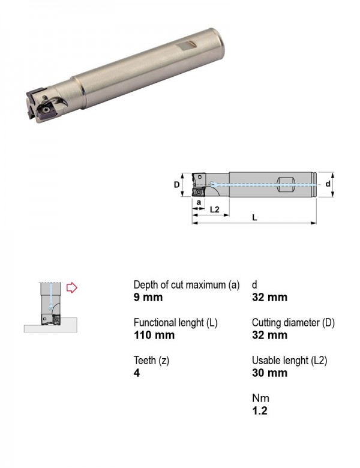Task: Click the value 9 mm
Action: tap(148, 298)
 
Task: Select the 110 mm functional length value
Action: tap(154, 335)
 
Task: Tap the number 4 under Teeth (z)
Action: tap(137, 373)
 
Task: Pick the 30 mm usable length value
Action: tap(269, 373)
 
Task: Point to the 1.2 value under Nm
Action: tap(260, 410)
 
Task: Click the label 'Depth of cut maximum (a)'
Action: tap(187, 285)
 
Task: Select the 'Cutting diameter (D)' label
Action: tap(293, 323)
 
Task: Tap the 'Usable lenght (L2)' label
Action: tap(290, 361)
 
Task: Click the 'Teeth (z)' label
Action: tap(151, 361)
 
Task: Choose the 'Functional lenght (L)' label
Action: tap(176, 323)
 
